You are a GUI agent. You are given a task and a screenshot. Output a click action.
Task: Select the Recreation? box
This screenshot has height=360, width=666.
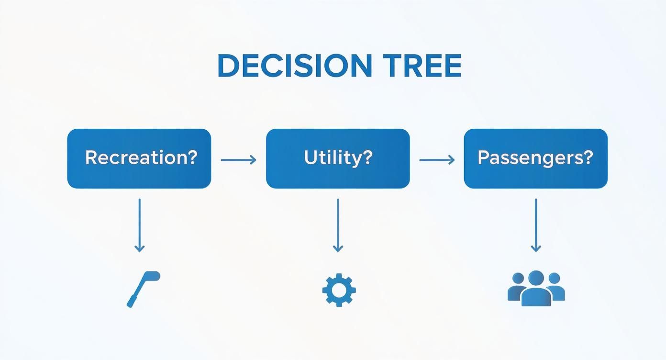point(139,158)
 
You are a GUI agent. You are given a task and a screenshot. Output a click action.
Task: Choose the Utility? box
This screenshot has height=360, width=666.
point(338,158)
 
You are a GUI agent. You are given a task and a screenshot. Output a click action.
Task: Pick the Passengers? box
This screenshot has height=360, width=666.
point(535,158)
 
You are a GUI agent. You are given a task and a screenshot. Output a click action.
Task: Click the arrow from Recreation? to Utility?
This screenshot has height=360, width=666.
point(238,160)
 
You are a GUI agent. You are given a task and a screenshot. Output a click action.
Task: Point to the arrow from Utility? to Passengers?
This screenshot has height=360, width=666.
point(436,160)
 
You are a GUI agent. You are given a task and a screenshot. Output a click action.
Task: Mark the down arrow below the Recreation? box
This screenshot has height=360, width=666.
point(139,225)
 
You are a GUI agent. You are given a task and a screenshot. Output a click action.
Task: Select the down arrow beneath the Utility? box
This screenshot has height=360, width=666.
point(338,225)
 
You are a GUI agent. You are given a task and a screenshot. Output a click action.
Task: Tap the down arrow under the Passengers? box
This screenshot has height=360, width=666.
point(536,225)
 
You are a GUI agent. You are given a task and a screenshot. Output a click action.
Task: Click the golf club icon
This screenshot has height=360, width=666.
point(143,288)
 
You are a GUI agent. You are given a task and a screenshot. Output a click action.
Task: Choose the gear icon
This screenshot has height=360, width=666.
point(339,290)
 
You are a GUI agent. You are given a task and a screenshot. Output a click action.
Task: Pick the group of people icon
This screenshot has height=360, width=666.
point(536,288)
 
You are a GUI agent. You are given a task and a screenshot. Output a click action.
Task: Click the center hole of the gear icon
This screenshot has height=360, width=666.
point(339,290)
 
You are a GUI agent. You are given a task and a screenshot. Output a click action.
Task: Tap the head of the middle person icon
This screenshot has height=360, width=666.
point(536,278)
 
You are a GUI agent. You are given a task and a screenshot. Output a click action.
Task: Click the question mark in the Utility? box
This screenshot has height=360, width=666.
point(367,157)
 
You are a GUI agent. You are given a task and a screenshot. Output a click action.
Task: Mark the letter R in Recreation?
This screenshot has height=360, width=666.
point(90,157)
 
